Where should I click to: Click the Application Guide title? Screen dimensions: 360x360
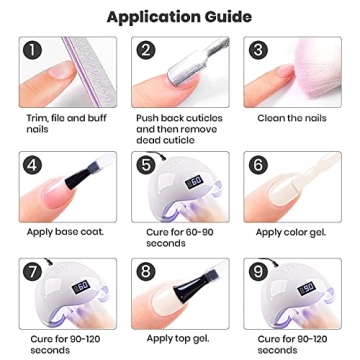coord(180,16)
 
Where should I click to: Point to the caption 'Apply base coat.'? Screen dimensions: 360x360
coord(62,231)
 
